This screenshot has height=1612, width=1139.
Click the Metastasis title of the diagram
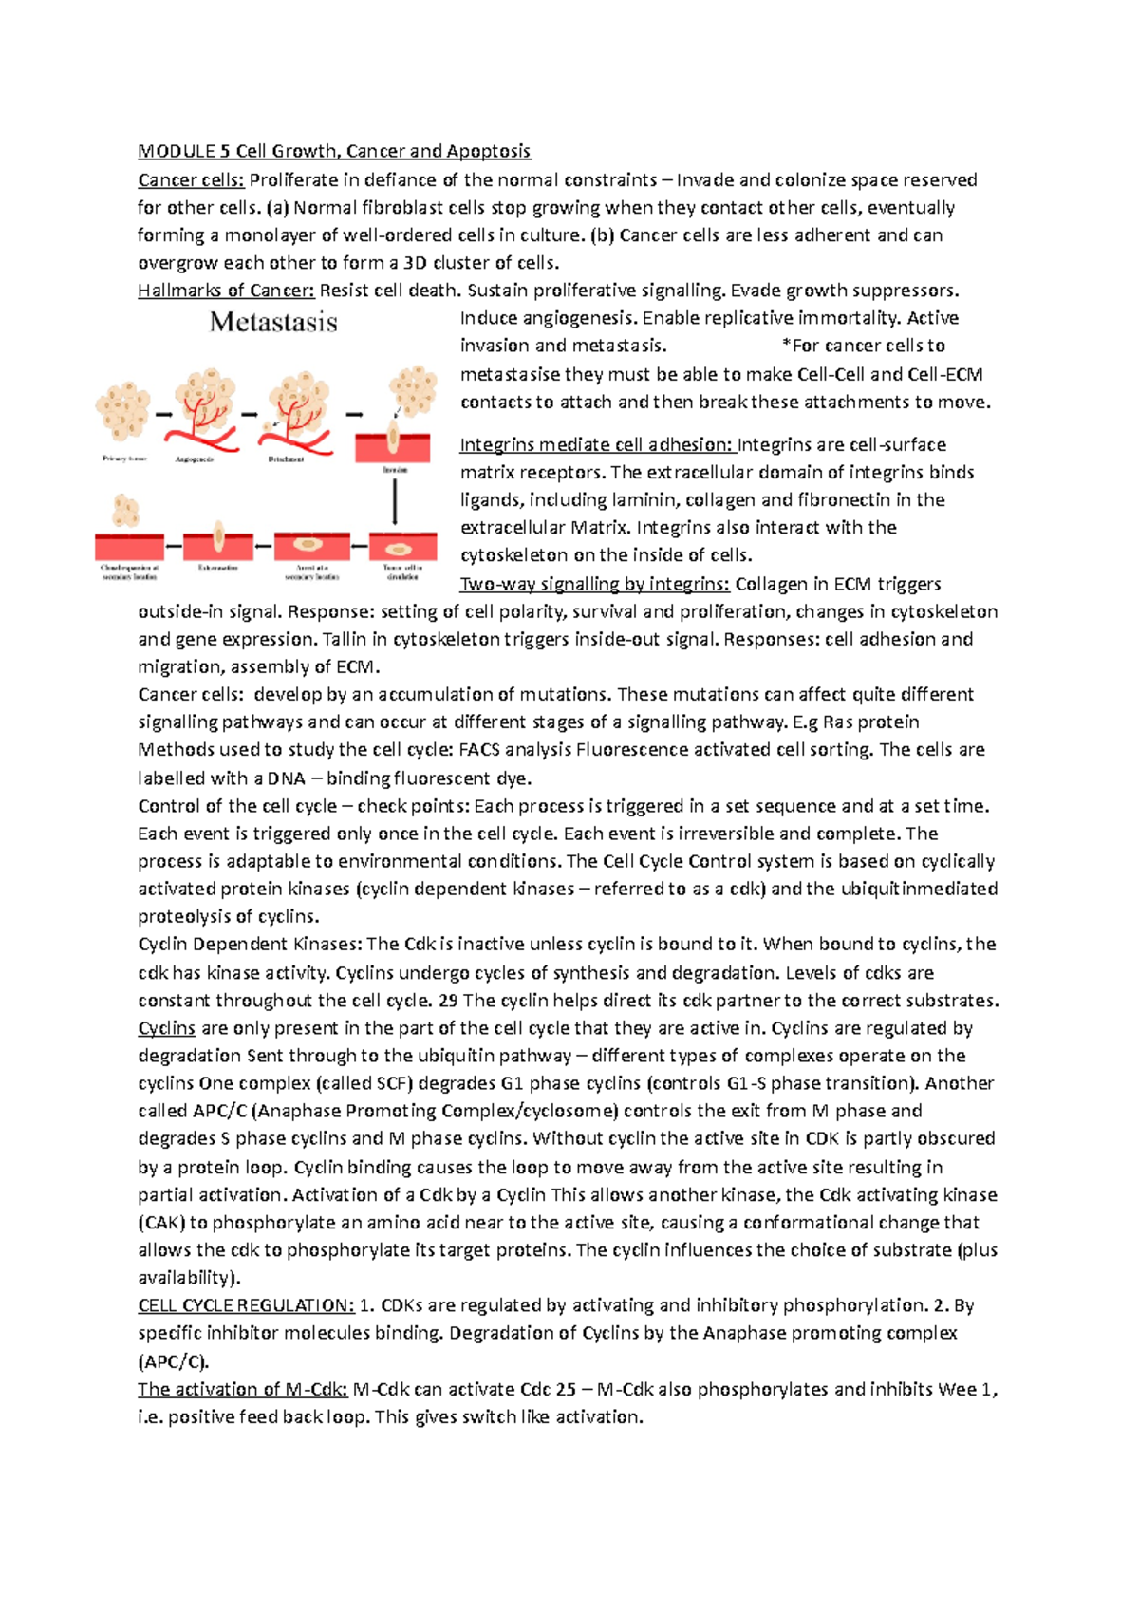click(273, 323)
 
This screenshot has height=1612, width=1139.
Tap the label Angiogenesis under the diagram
click(195, 459)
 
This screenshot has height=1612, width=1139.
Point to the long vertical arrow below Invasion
click(395, 502)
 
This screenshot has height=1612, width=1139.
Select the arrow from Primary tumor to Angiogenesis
click(162, 415)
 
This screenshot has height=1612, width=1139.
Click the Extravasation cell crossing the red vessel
click(218, 537)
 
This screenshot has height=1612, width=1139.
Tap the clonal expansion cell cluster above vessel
click(125, 511)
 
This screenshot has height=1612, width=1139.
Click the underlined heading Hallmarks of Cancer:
click(226, 291)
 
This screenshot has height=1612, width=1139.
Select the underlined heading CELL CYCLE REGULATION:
click(246, 1305)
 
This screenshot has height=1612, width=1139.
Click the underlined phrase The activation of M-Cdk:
click(243, 1389)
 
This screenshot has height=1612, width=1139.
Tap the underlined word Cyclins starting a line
click(166, 1028)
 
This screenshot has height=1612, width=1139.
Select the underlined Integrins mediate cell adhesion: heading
click(597, 444)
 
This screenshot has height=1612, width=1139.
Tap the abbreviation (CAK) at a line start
click(160, 1223)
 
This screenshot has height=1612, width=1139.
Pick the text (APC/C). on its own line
click(173, 1360)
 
